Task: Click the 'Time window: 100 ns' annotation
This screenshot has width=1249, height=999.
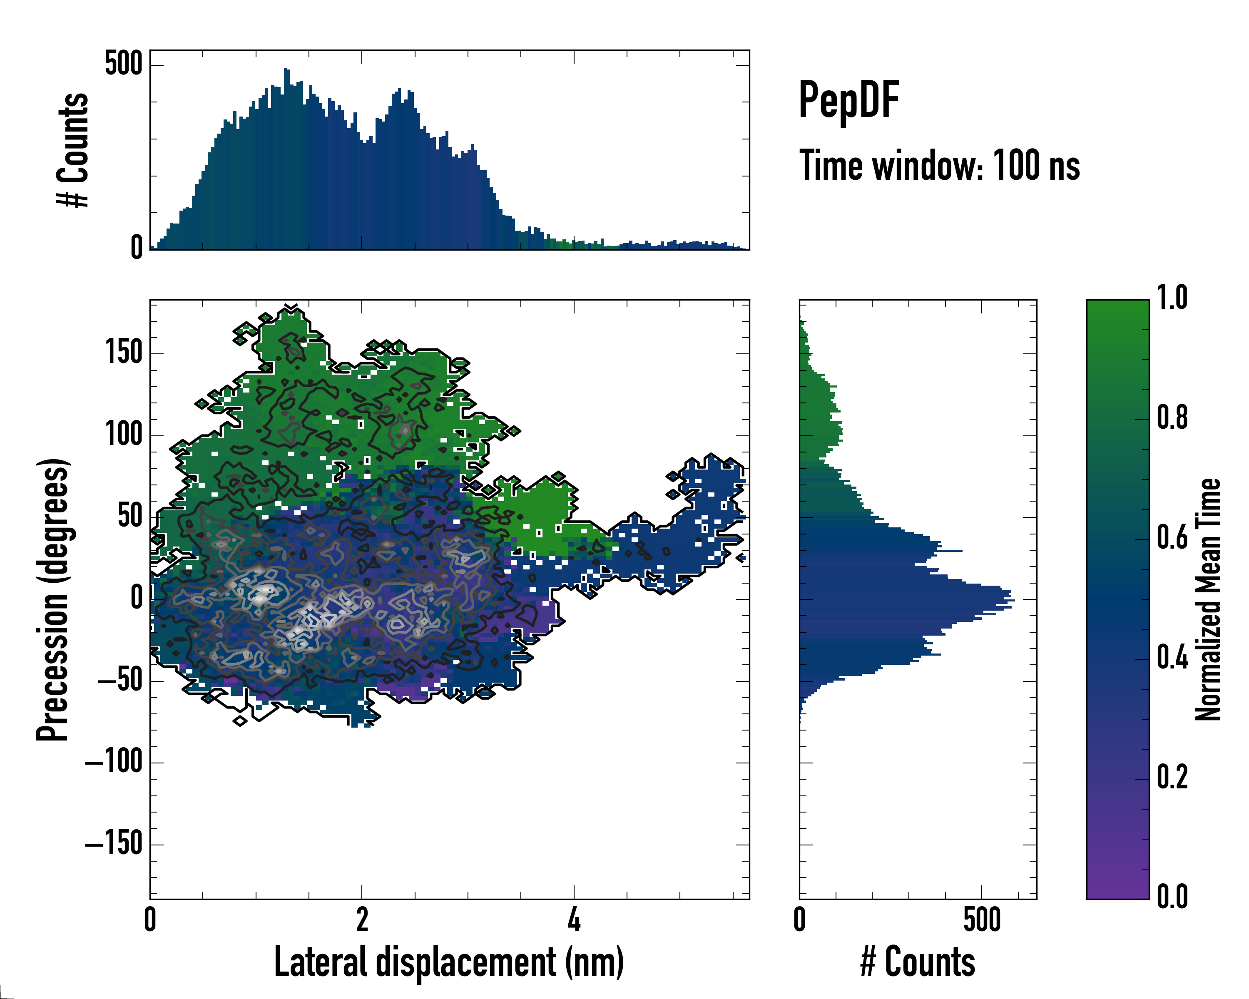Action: (939, 166)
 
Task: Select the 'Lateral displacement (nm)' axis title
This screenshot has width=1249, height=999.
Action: (449, 962)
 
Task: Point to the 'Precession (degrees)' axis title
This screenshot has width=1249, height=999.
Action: (53, 599)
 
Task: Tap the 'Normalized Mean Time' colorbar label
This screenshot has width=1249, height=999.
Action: (1209, 599)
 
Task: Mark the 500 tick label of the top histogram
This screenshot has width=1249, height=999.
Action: (124, 64)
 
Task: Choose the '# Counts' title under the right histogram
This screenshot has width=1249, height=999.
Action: (918, 962)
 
